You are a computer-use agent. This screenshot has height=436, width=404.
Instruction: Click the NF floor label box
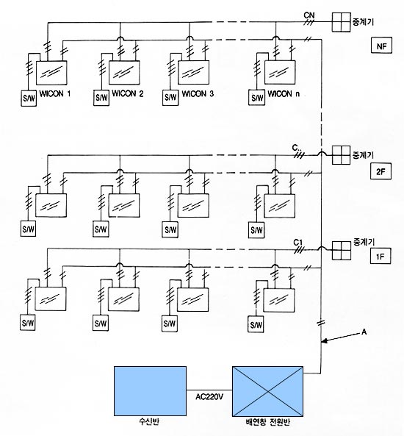tap(381, 46)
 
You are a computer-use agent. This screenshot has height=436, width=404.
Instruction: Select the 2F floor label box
tap(380, 171)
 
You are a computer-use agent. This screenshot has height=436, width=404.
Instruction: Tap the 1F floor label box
tap(380, 256)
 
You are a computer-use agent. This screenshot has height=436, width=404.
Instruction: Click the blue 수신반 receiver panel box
tap(150, 391)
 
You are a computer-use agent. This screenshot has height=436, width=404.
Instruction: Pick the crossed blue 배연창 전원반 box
tap(268, 391)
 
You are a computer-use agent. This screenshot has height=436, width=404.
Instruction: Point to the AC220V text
tap(209, 397)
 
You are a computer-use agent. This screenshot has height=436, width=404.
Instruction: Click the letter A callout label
tap(364, 332)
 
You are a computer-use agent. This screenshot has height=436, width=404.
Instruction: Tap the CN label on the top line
tap(309, 15)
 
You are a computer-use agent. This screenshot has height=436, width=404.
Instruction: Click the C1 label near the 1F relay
tap(298, 243)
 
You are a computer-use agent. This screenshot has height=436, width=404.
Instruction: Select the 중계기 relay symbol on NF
tap(342, 22)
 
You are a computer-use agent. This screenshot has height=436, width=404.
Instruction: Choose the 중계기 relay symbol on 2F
tap(342, 155)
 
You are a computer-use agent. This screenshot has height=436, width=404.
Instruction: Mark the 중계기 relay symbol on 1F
tap(342, 250)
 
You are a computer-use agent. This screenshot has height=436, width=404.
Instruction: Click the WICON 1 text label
tap(55, 93)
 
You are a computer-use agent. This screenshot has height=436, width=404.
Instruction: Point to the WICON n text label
tap(284, 94)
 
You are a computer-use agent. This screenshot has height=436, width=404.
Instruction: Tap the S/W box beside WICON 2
tap(101, 98)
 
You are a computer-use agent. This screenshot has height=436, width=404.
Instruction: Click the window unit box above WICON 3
tap(193, 72)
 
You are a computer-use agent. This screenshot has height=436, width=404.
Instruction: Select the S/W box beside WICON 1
tap(29, 99)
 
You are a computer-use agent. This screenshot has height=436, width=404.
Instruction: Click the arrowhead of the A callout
tap(324, 340)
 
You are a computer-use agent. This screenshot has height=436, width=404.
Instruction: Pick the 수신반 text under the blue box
tap(149, 422)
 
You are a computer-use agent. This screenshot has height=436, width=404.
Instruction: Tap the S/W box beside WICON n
tap(256, 98)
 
